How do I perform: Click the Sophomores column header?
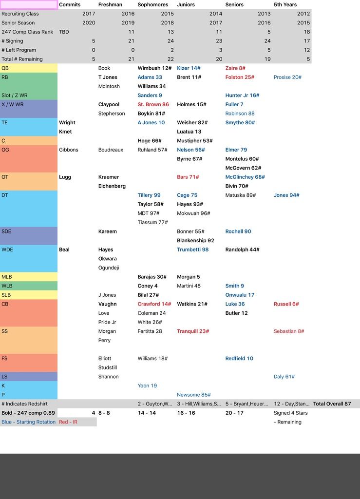(x=152, y=5)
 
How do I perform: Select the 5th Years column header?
(x=285, y=5)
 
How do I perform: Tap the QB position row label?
(x=5, y=68)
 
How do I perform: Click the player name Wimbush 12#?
(x=154, y=68)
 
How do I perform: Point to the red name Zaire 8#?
(x=235, y=68)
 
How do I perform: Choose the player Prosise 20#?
(x=287, y=77)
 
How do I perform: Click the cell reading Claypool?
(x=109, y=104)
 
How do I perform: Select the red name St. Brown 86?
(x=153, y=104)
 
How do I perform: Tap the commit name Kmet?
(x=65, y=132)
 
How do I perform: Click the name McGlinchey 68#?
(x=245, y=177)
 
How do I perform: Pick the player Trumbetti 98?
(x=192, y=249)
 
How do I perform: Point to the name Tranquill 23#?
(x=193, y=331)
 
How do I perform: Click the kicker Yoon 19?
(x=147, y=385)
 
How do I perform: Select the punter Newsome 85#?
(x=193, y=395)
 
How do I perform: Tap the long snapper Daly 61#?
(x=284, y=377)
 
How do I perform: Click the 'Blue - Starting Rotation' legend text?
(x=28, y=422)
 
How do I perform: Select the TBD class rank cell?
(x=64, y=32)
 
